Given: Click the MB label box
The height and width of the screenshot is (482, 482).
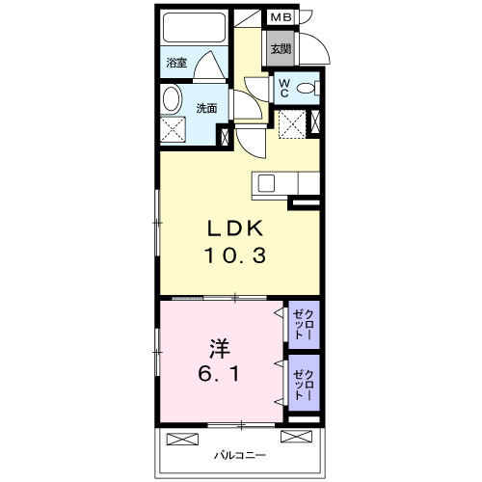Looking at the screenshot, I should click(281, 16).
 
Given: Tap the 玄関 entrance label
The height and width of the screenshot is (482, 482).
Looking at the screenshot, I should click(281, 50).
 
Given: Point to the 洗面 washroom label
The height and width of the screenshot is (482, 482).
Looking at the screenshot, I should click(207, 108).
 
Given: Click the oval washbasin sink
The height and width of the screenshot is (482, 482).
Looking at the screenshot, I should click(173, 99).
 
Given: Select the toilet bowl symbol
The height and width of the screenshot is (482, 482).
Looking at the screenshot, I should click(309, 89).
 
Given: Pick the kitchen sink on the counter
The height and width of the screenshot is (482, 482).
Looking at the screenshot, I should click(266, 182).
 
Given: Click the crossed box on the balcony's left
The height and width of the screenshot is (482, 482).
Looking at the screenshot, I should click(181, 439).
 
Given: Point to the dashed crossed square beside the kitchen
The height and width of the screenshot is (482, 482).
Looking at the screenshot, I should click(291, 123).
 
